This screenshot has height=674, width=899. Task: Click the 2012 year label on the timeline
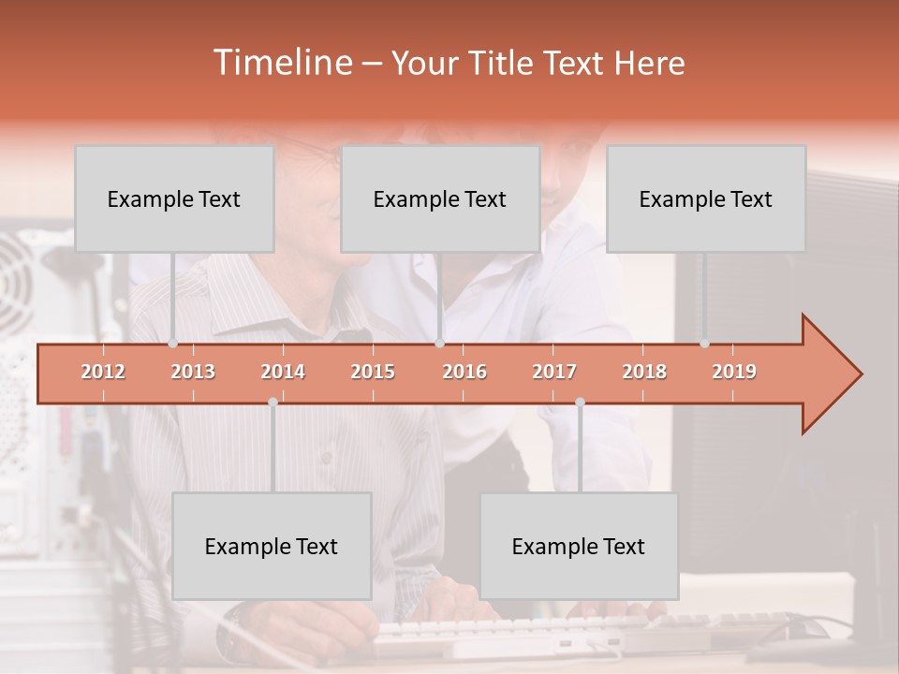[103, 372]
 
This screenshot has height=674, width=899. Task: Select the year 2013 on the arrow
[193, 372]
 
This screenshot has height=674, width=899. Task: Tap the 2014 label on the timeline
[283, 372]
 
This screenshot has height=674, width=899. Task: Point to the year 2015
[373, 372]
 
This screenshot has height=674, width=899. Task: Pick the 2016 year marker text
[464, 372]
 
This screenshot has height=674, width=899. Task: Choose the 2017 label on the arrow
[554, 372]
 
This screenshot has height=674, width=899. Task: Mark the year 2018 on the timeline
[644, 372]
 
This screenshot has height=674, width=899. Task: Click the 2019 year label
[734, 372]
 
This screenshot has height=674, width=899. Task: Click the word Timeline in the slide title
[281, 63]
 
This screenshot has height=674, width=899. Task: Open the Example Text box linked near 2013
[174, 198]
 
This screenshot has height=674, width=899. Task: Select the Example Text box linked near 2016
[440, 198]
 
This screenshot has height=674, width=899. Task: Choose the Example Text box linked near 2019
[706, 198]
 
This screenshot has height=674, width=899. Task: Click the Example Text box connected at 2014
[272, 546]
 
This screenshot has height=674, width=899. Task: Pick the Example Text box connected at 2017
[579, 546]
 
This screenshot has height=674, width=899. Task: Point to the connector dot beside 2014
[273, 402]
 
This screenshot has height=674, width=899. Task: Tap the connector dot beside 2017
[580, 402]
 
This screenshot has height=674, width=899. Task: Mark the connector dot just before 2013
[172, 344]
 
